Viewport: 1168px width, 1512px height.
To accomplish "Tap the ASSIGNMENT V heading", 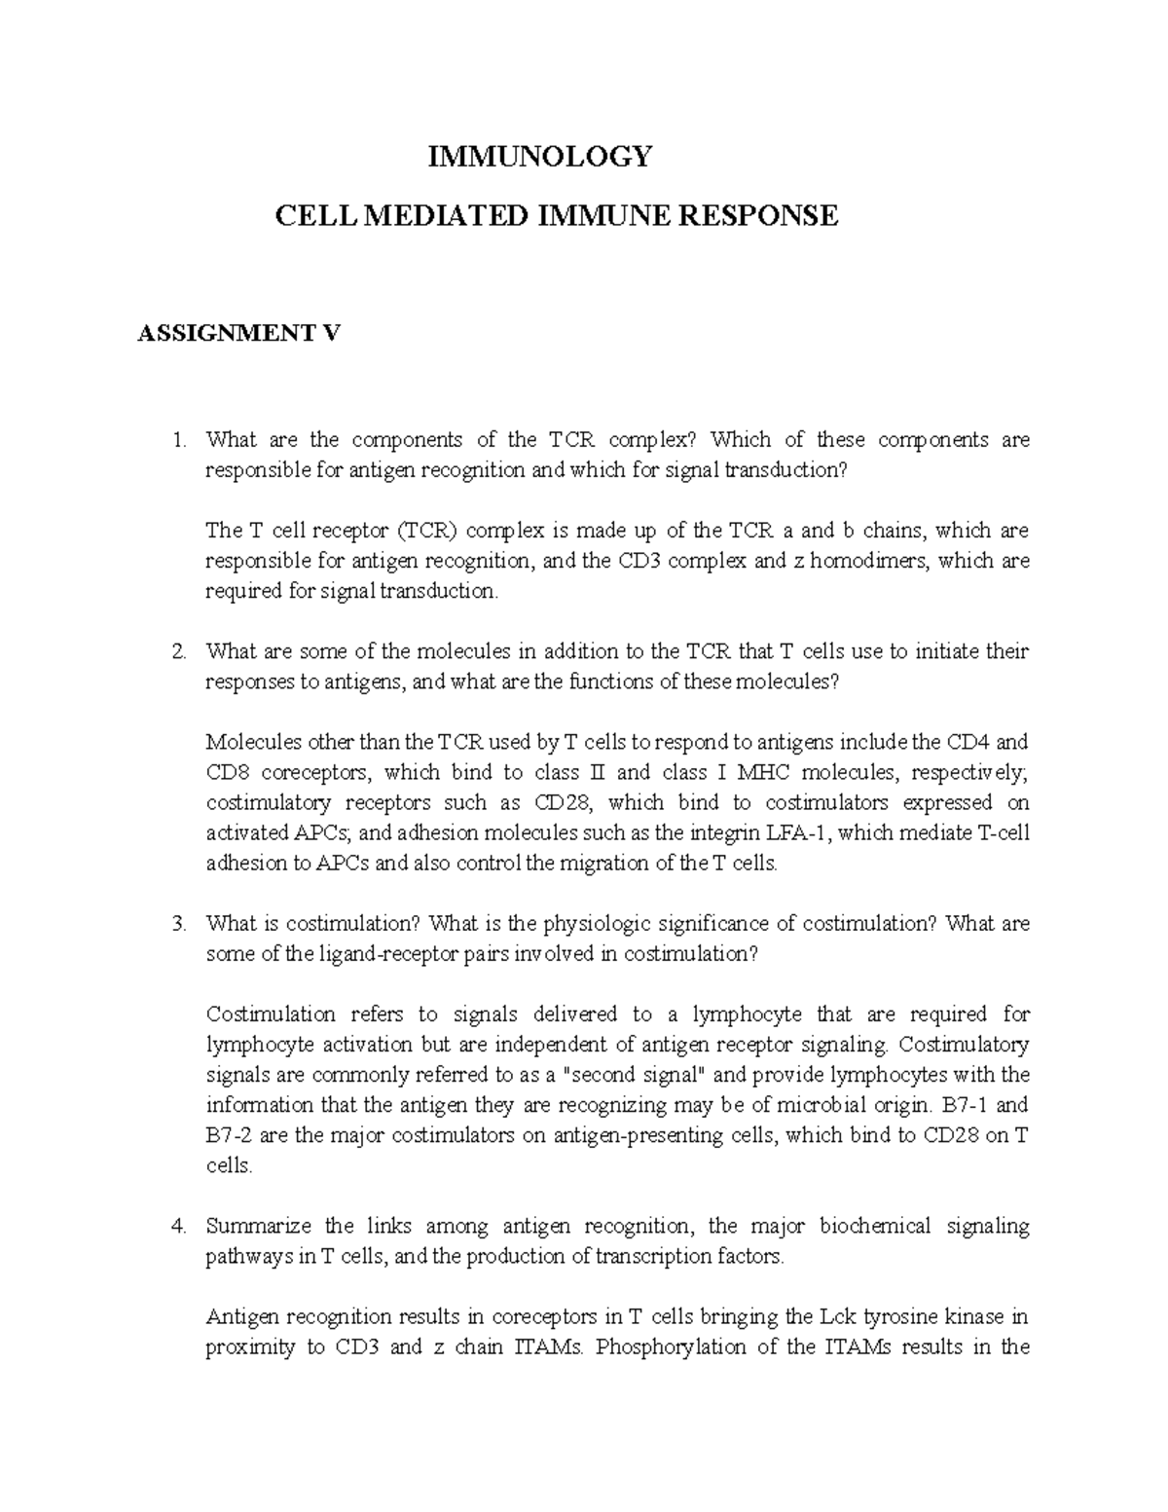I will (x=239, y=334).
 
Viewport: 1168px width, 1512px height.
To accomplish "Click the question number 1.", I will (x=177, y=440).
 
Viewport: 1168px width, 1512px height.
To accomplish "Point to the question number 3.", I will (x=177, y=923).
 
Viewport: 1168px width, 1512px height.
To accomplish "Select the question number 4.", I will (x=177, y=1226).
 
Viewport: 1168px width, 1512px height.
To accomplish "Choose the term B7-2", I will (x=231, y=1135).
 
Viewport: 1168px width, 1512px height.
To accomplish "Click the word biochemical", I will (x=876, y=1226).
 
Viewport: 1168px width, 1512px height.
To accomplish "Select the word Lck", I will (x=842, y=1317).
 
